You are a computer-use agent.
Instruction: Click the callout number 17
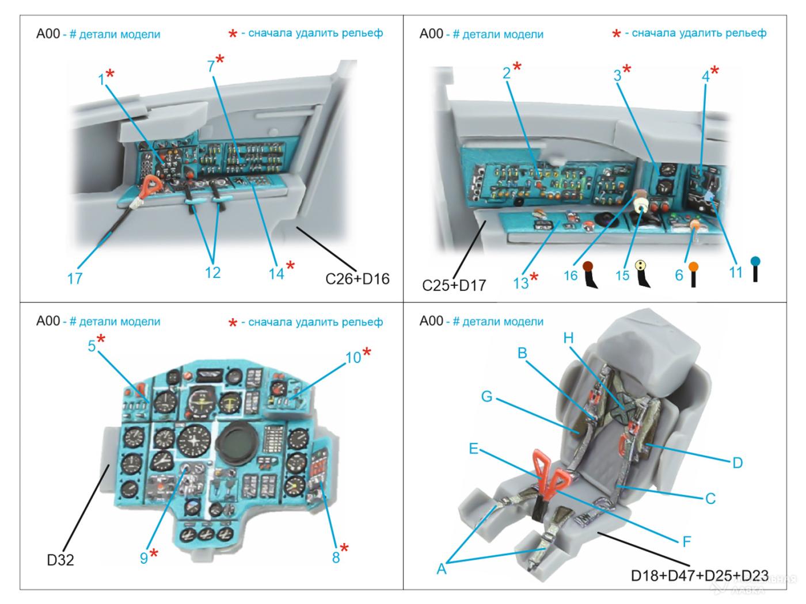tap(75, 278)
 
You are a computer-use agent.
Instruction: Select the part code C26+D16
tap(357, 278)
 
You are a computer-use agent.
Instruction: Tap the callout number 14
tap(276, 273)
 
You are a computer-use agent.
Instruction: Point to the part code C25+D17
tap(454, 284)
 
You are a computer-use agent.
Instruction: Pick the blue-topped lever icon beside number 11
tap(755, 269)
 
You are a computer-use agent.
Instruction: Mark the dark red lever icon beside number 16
tap(590, 275)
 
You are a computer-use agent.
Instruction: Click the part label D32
tap(60, 559)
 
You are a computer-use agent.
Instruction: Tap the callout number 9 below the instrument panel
tap(143, 556)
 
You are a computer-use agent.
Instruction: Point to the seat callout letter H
tap(569, 338)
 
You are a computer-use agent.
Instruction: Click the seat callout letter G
tap(486, 396)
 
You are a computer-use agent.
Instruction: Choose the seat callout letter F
tap(686, 541)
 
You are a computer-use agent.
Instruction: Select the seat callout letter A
tap(442, 568)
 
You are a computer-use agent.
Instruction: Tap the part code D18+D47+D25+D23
tap(699, 575)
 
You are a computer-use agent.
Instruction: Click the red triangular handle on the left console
tap(152, 185)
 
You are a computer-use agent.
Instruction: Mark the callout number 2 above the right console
tap(506, 73)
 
